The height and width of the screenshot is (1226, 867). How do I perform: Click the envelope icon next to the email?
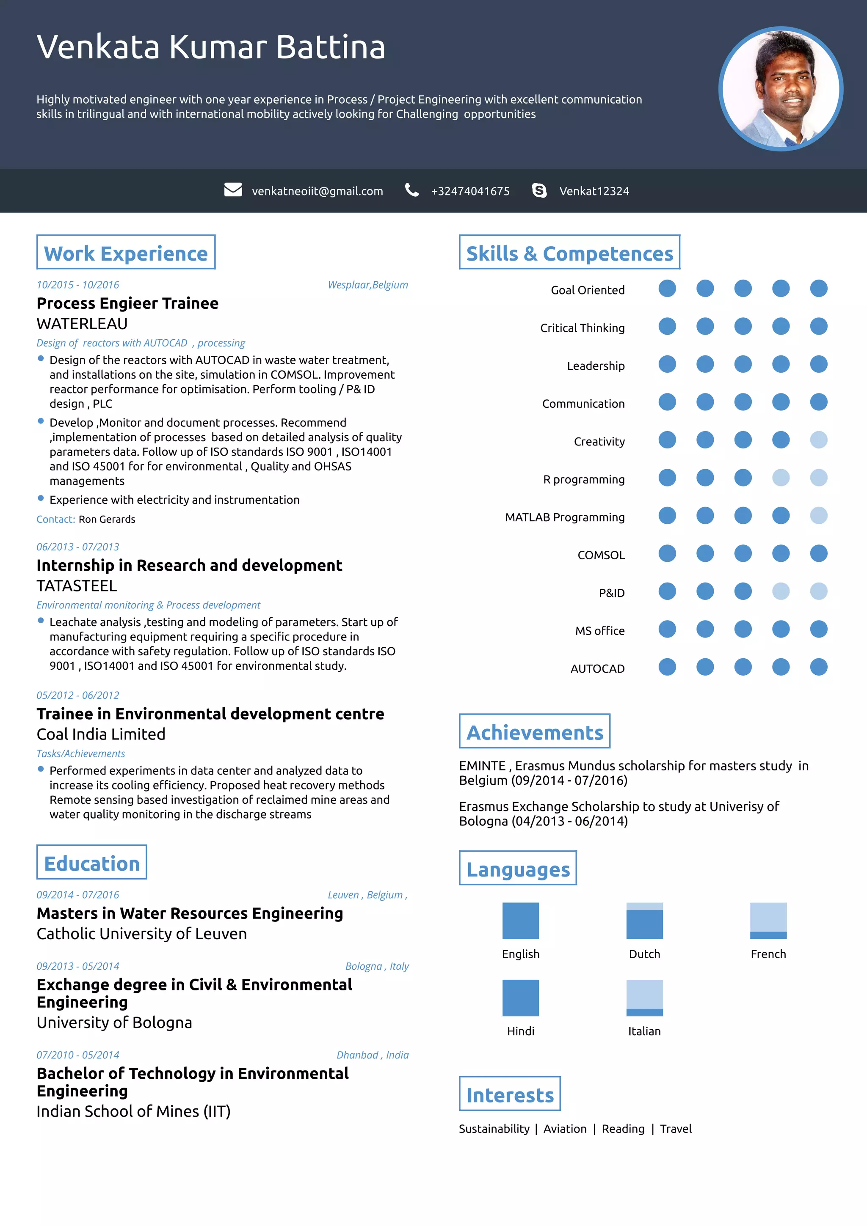click(x=233, y=190)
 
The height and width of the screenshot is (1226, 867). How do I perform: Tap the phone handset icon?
click(x=412, y=190)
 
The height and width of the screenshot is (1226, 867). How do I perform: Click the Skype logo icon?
click(x=539, y=191)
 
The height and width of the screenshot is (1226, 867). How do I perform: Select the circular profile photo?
click(x=781, y=89)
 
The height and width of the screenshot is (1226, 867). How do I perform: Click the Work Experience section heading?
click(x=126, y=253)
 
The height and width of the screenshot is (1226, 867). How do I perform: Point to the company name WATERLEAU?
click(x=82, y=324)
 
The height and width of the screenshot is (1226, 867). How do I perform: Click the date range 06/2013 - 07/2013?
click(x=78, y=547)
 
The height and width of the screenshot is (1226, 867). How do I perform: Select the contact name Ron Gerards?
click(x=107, y=519)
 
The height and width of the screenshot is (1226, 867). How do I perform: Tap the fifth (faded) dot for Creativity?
click(x=818, y=440)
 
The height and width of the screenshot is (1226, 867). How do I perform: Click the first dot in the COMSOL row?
click(x=667, y=554)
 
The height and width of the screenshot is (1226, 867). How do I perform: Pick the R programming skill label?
click(x=583, y=479)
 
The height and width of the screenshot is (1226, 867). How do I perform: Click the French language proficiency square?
click(x=768, y=921)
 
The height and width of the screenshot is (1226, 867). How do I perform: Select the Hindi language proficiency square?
click(x=520, y=998)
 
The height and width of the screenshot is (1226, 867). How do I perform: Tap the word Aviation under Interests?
click(x=565, y=1129)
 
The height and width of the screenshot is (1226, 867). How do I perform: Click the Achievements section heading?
click(x=535, y=732)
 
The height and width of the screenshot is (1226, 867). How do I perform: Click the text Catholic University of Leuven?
click(x=141, y=933)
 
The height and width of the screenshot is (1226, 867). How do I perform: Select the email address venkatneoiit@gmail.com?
click(x=318, y=191)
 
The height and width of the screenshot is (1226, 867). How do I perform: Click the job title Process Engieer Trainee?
click(x=128, y=303)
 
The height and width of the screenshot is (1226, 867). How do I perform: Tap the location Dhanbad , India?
click(x=373, y=1055)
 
